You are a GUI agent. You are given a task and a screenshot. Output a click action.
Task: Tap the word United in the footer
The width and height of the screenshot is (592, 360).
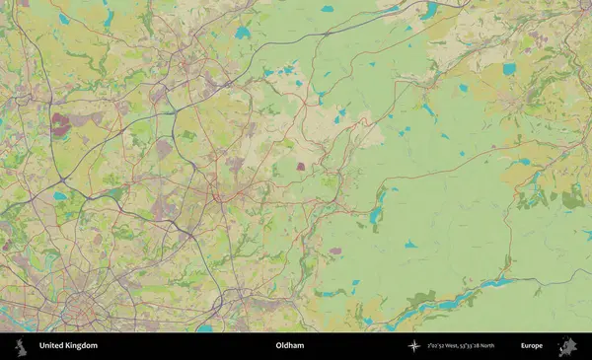52,346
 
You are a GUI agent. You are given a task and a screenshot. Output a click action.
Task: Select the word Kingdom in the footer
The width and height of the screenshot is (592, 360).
82,346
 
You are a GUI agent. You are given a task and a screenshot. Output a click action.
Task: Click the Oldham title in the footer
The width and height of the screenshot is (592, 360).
290,346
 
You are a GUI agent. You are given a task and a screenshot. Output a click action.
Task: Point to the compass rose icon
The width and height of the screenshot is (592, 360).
414,346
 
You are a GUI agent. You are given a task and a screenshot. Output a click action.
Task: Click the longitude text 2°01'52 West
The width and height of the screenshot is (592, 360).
446,346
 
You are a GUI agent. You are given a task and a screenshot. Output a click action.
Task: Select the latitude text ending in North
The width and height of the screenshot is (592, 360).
480,346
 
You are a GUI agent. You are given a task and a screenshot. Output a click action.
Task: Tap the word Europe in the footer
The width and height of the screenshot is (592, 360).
532,346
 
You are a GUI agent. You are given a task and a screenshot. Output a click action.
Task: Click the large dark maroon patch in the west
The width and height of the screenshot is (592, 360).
61,123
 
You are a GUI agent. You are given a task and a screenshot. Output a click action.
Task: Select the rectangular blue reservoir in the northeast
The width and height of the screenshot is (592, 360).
509,69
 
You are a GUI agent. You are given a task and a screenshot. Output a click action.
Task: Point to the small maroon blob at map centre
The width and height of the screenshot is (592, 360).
300,167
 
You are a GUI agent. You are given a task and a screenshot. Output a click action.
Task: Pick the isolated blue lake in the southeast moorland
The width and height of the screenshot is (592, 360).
410,245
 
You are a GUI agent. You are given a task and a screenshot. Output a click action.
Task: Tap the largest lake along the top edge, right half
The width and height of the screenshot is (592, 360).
430,12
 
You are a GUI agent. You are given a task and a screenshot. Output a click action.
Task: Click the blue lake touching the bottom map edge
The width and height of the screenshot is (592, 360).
204,327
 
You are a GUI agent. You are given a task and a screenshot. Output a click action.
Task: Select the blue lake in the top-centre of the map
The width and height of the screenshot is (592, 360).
243,33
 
